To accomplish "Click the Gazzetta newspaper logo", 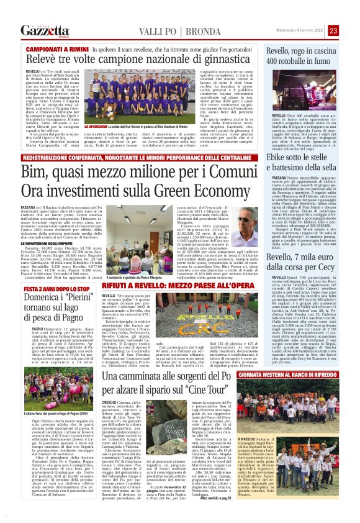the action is tap(44, 30).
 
